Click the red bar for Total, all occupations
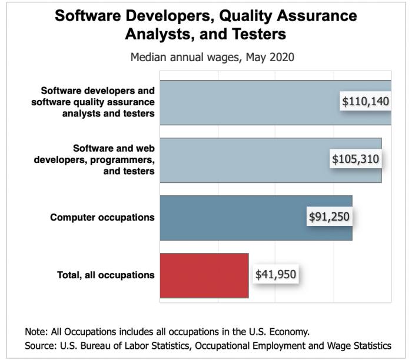[204, 275]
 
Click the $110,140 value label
[366, 102]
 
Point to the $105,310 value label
[355, 159]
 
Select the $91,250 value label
[329, 217]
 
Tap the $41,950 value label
[275, 274]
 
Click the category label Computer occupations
[102, 218]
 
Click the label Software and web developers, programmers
[105, 160]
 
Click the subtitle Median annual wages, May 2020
[204, 59]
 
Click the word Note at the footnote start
[34, 331]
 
